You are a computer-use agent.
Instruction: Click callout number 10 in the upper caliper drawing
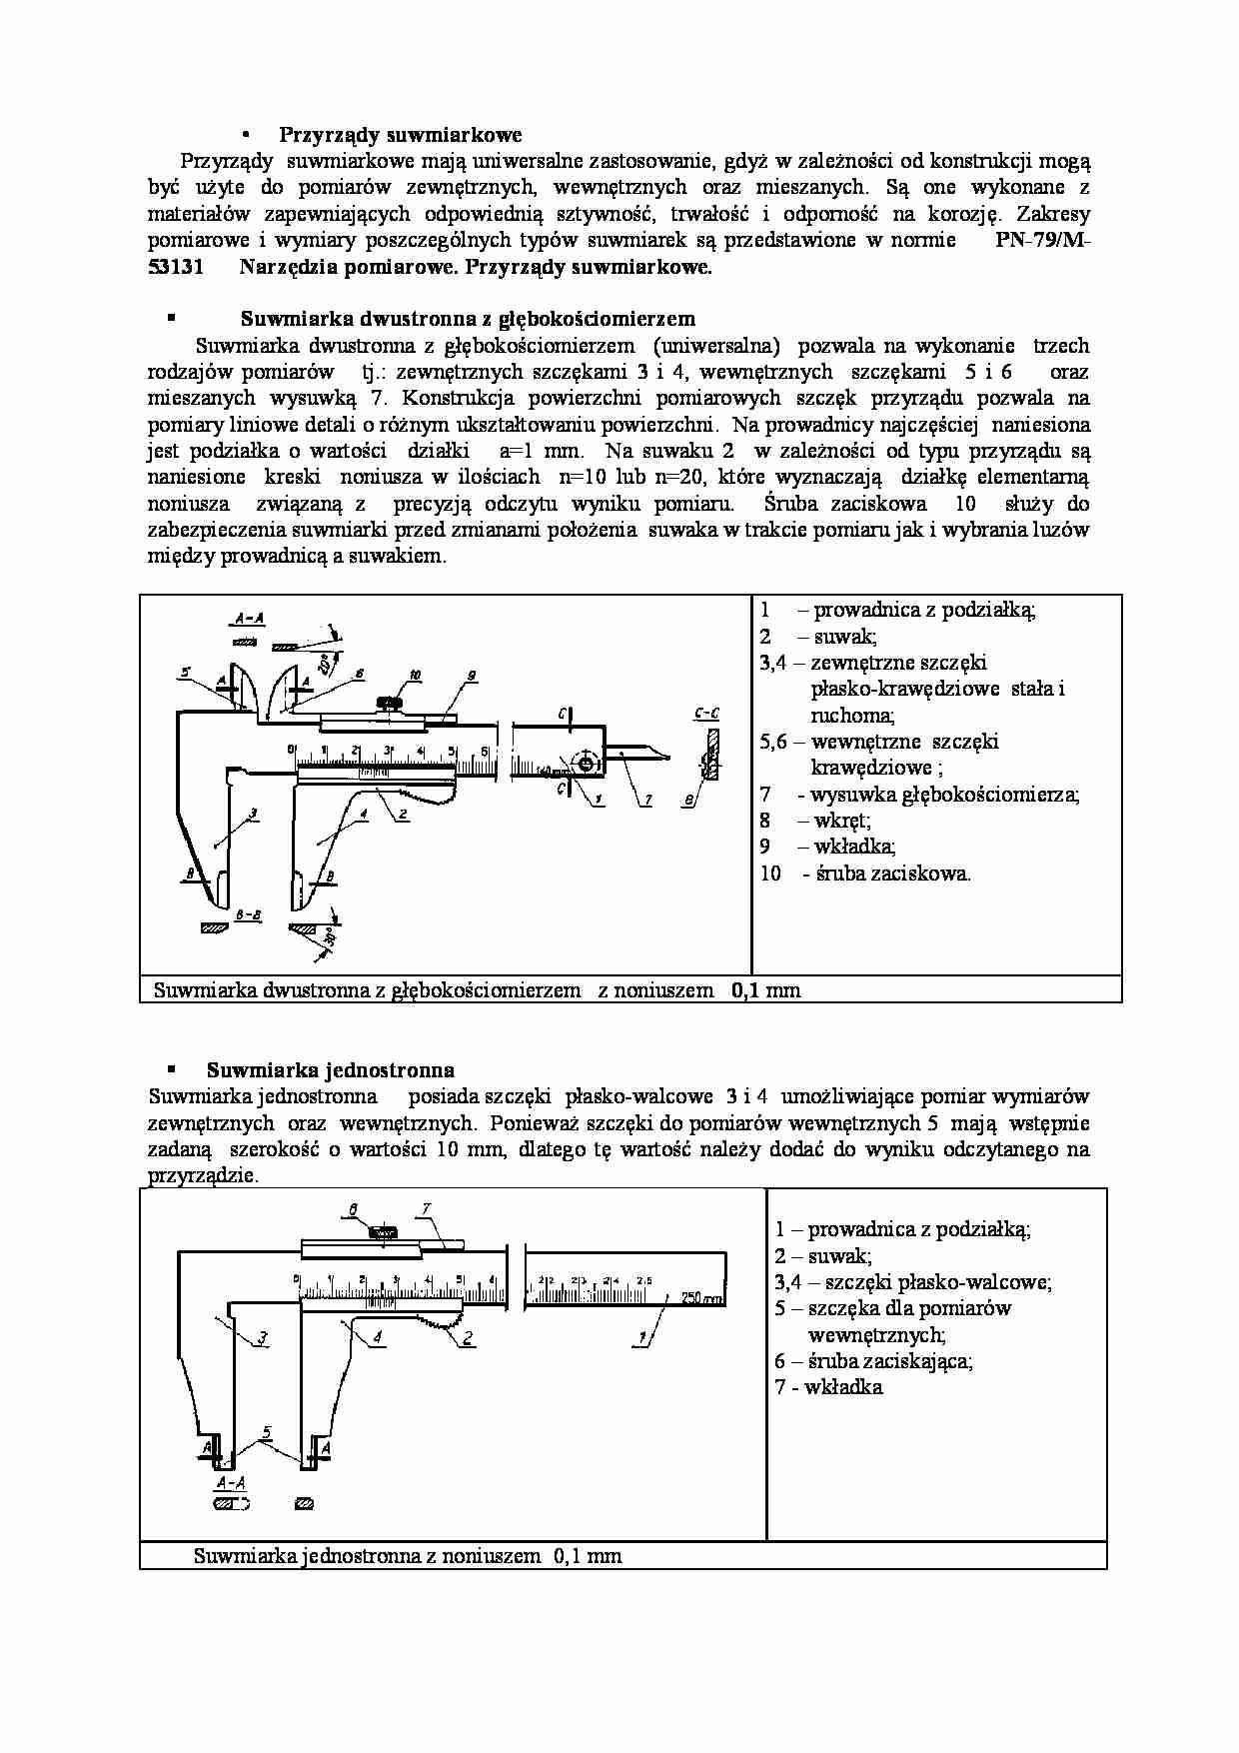point(416,675)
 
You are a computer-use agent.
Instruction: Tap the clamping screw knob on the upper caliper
point(386,703)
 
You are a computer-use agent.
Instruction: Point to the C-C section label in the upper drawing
point(705,714)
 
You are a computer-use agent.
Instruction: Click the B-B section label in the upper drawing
point(248,914)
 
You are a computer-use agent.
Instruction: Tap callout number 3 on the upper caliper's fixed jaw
point(254,815)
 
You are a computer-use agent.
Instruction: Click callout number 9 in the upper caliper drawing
point(471,676)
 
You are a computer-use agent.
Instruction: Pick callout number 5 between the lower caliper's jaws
point(266,1432)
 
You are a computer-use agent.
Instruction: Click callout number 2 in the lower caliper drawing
point(467,1337)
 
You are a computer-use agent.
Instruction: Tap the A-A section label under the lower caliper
point(231,1484)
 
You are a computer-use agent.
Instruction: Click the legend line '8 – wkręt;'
point(815,821)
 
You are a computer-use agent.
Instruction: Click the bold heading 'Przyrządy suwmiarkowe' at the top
point(400,135)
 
